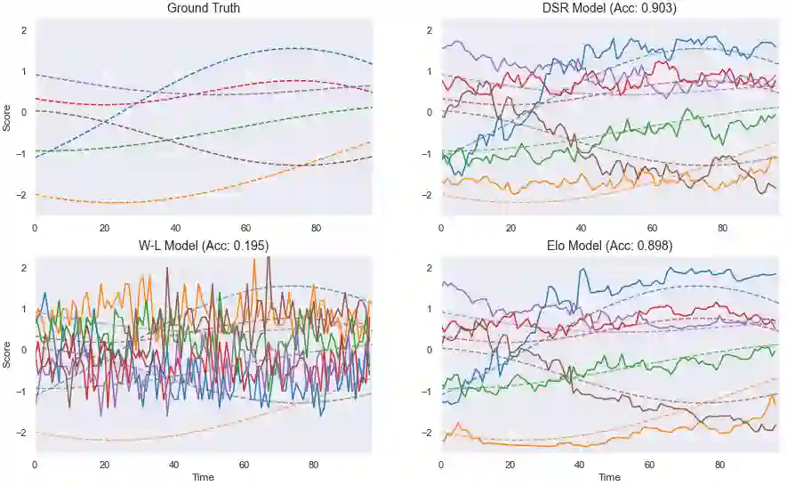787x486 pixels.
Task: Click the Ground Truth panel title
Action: point(203,8)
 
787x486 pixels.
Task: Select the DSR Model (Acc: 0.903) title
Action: point(609,8)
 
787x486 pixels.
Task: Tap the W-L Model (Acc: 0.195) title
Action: point(203,246)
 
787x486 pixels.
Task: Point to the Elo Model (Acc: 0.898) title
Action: point(609,246)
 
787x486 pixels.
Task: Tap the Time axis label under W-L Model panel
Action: point(203,477)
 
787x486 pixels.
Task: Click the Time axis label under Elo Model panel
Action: point(609,477)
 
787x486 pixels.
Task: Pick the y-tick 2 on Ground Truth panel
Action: point(24,29)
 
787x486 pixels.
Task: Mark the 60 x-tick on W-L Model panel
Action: point(244,465)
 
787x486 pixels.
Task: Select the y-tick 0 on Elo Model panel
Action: point(430,350)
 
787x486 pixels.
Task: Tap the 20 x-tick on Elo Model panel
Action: point(510,465)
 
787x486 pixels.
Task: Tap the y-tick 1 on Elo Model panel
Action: point(430,309)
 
